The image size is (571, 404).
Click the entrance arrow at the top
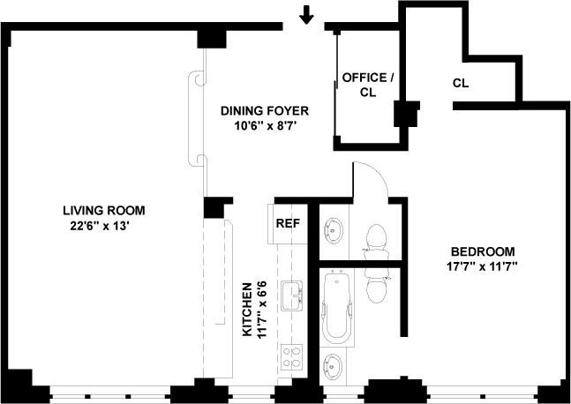click(306, 15)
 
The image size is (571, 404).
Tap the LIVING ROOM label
click(104, 210)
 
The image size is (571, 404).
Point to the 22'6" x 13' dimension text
click(100, 226)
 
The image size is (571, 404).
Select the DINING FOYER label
click(265, 110)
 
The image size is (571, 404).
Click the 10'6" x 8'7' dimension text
click(265, 126)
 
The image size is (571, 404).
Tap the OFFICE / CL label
click(368, 86)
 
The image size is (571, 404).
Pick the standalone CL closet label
click(461, 83)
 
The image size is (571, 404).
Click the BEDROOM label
click(483, 251)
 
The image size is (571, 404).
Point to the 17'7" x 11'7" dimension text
click(483, 266)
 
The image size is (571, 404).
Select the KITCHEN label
click(247, 310)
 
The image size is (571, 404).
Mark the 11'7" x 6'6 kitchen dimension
click(262, 310)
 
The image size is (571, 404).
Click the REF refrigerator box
click(288, 223)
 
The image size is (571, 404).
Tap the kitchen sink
click(292, 296)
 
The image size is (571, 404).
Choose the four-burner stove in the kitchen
click(292, 357)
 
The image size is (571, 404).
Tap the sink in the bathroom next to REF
click(334, 230)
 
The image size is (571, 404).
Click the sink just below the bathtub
click(334, 366)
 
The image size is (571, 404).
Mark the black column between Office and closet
click(406, 113)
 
